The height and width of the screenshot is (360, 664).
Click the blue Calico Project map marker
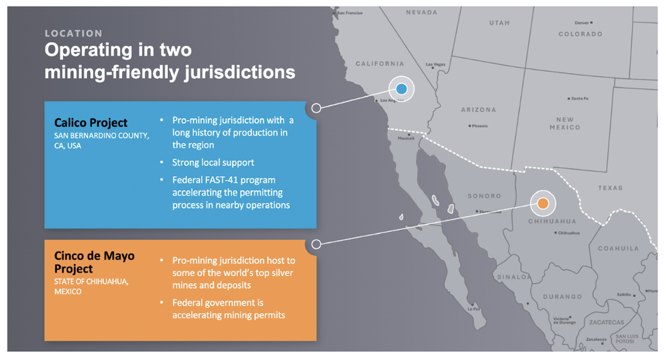coord(401,89)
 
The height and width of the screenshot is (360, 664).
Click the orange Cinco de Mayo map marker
coord(543,203)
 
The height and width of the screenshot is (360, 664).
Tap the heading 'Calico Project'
coord(91,123)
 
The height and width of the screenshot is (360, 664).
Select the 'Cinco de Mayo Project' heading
coord(94,262)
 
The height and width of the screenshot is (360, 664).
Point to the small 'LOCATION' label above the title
coord(74,33)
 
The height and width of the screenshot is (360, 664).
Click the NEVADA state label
coord(421,12)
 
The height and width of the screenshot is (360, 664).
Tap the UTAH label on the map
coord(499,23)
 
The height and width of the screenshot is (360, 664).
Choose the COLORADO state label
coord(580,34)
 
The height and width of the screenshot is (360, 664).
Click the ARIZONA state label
coord(478,110)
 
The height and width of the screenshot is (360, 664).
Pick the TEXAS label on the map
coord(610,188)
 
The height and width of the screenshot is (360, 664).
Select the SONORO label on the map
coord(484,196)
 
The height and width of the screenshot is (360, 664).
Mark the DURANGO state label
coord(562,296)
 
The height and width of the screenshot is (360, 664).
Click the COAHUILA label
coord(618,249)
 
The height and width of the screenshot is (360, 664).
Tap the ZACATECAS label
coord(606,322)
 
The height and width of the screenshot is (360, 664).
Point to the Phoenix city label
coord(480,126)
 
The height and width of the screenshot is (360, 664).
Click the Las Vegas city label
coord(435,65)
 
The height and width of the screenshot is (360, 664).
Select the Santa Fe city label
coord(579,98)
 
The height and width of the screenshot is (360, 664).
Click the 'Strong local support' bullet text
coord(213,163)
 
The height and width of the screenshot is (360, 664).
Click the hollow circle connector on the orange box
coord(316,244)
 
